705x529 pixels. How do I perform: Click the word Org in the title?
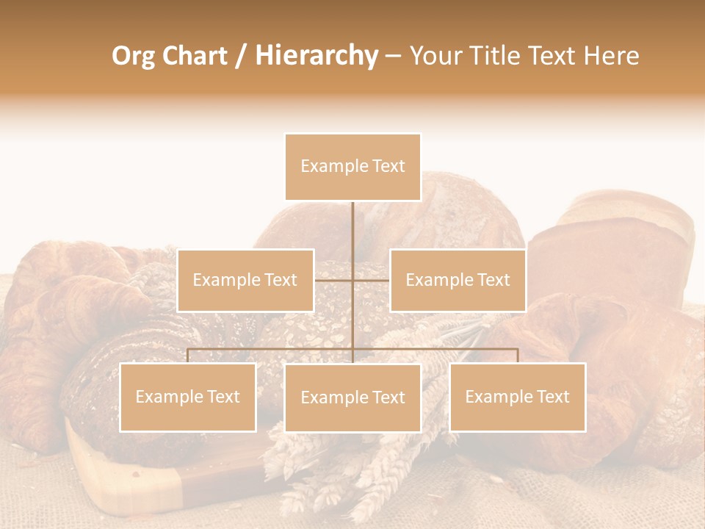point(134,56)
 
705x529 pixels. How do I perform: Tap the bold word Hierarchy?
point(316,56)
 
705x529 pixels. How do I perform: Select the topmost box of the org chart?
point(352,167)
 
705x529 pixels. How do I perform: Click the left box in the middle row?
point(245,280)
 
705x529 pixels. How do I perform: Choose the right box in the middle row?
point(458,280)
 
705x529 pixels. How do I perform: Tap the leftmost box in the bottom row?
point(188,397)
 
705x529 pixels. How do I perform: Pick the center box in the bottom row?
point(352,397)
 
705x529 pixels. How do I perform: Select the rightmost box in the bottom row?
point(517,397)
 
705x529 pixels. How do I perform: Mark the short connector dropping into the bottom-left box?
point(188,356)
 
